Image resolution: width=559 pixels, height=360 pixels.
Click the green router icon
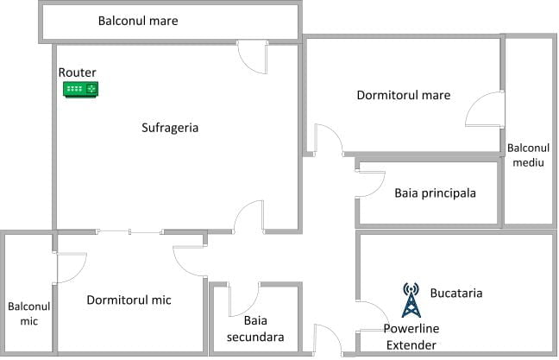tap(80, 89)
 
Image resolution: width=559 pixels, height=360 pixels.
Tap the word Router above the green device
tap(78, 73)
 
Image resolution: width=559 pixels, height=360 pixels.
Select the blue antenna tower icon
tap(411, 300)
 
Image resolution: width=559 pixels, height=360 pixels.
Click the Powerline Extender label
tap(411, 337)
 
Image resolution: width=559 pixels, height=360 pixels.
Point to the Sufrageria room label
tap(170, 128)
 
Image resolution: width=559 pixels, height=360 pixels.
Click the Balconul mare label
tap(138, 21)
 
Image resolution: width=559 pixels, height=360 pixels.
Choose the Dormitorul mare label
tap(404, 95)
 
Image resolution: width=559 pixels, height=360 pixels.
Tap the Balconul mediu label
tap(528, 155)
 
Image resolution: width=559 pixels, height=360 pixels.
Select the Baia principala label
tap(436, 193)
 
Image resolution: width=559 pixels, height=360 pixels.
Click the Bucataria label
tap(456, 293)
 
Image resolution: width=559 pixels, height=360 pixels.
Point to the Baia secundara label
tap(255, 329)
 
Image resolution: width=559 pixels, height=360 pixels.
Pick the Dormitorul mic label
tap(129, 300)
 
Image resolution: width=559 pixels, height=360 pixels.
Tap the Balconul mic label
tap(28, 313)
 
